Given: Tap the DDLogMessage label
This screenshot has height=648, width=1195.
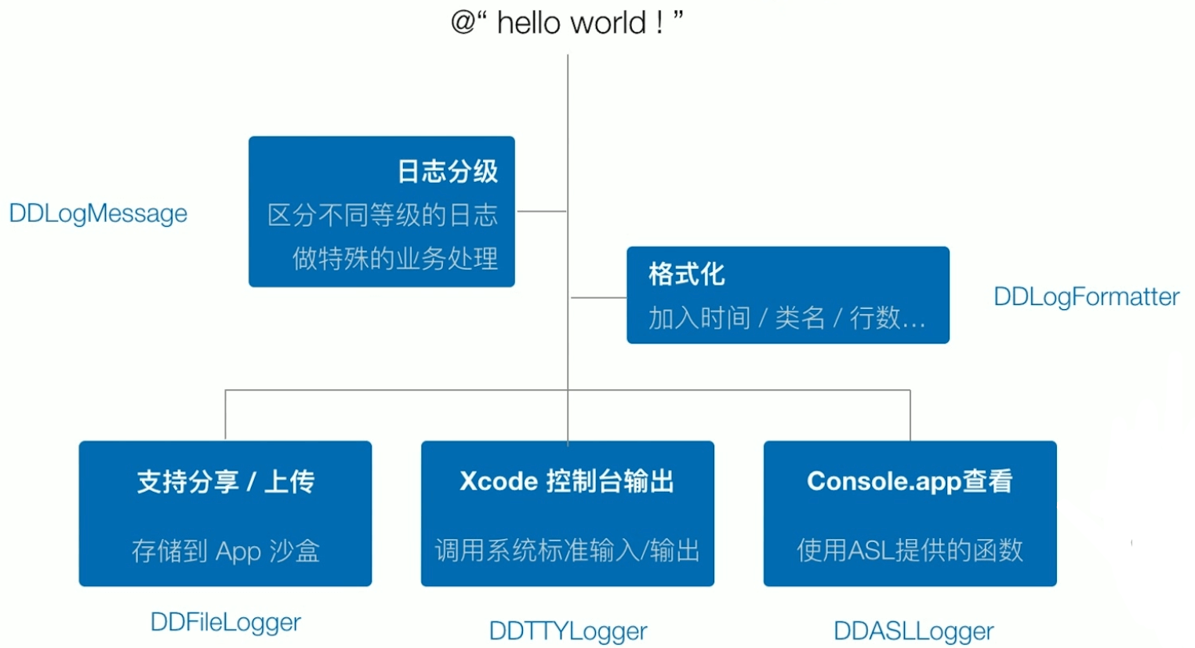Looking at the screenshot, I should click(98, 213).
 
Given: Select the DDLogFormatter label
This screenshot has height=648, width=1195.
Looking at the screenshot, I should click(1086, 297).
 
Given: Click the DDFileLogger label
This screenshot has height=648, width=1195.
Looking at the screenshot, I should click(225, 622).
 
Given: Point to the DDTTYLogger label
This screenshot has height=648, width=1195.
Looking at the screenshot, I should click(568, 631).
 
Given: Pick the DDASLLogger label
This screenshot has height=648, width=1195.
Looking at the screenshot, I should click(913, 631).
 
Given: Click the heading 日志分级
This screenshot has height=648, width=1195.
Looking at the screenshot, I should click(447, 171).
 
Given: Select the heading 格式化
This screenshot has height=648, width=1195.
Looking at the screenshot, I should click(687, 274).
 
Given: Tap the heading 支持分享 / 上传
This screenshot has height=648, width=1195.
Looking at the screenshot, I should click(225, 481).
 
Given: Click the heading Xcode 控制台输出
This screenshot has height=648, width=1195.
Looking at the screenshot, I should click(567, 481).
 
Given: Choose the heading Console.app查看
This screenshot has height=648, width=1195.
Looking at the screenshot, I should click(910, 481).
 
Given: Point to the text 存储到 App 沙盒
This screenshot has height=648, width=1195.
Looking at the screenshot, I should click(225, 551).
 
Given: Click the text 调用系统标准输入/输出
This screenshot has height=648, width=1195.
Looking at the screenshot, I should click(567, 551).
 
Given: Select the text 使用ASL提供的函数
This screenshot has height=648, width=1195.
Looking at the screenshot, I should click(910, 550).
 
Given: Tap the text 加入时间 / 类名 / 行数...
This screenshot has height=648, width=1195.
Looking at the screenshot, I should click(786, 318).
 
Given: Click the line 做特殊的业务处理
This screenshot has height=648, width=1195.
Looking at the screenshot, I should click(394, 258).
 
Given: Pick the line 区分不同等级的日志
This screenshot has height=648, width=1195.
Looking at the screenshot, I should click(382, 215).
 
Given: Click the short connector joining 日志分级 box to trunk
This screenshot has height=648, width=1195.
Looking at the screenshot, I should click(541, 211).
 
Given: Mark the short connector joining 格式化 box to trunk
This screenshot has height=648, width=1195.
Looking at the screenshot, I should click(598, 298).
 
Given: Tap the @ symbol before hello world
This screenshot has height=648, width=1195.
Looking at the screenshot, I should click(463, 22).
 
